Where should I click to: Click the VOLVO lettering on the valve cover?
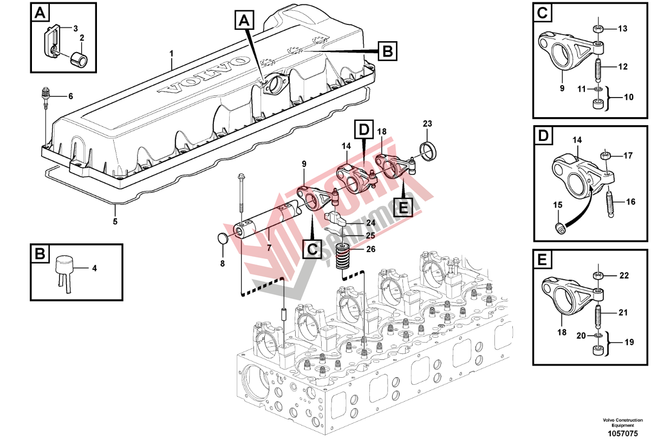204,74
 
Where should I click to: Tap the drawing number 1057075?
623,434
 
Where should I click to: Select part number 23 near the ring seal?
427,124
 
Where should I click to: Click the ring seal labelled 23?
427,151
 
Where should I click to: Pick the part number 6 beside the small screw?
70,96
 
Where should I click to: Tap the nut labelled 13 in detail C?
598,29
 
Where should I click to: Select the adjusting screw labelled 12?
597,70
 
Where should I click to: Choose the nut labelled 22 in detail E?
597,276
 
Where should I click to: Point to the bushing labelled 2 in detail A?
79,59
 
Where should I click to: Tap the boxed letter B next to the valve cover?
387,51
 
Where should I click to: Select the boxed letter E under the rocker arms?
403,206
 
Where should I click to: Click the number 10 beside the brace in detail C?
629,97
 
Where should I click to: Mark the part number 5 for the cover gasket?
115,221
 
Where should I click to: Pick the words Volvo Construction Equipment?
623,423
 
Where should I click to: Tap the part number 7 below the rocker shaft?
269,248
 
